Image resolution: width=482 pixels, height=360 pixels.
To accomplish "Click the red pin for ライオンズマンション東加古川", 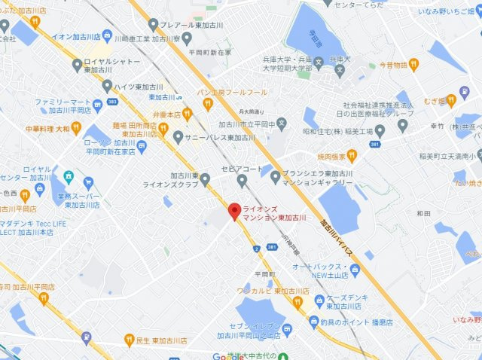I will point(234,211).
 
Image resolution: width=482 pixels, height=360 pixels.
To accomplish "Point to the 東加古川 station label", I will point(162,97).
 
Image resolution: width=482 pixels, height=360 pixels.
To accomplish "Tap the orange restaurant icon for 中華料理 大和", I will point(76,129).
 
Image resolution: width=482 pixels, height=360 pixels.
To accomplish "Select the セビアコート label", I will point(240,168).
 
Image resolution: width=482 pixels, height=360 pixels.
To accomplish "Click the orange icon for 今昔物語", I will point(414,66).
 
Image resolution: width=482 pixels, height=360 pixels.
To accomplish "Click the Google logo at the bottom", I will point(228,355).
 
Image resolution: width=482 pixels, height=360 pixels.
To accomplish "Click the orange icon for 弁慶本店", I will point(188,114).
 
